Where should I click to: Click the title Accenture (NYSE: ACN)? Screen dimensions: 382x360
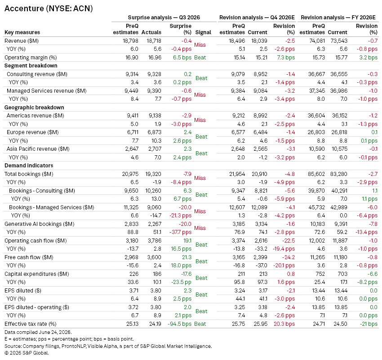pyautogui.click(x=49, y=9)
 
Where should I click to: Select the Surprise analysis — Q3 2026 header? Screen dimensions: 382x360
pyautogui.click(x=164, y=18)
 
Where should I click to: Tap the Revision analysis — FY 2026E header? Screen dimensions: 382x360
pyautogui.click(x=338, y=18)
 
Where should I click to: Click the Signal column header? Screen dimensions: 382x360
pyautogui.click(x=203, y=32)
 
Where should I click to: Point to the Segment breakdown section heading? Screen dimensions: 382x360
pyautogui.click(x=31, y=66)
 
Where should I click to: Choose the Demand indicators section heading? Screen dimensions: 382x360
pyautogui.click(x=29, y=166)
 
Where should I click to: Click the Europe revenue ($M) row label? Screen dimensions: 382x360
pyautogui.click(x=33, y=132)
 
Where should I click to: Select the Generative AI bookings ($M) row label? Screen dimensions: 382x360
pyautogui.click(x=40, y=224)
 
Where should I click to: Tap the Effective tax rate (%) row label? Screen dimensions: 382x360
pyautogui.click(x=31, y=324)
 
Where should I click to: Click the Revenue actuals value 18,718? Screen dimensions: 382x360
pyautogui.click(x=154, y=41)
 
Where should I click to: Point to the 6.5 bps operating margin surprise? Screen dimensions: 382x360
pyautogui.click(x=182, y=58)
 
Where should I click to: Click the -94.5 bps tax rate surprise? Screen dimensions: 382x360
pyautogui.click(x=180, y=324)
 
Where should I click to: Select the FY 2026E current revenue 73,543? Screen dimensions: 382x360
pyautogui.click(x=339, y=41)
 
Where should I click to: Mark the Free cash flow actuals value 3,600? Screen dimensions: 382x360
pyautogui.click(x=155, y=257)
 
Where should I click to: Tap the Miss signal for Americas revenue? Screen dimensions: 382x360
pyautogui.click(x=200, y=120)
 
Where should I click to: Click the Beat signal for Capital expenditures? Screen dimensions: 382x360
pyautogui.click(x=201, y=278)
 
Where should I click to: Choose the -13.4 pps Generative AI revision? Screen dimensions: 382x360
pyautogui.click(x=366, y=232)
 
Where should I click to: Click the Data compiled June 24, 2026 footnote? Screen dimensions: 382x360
pyautogui.click(x=38, y=332)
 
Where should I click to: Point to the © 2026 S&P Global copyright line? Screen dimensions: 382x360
pyautogui.click(x=27, y=353)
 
